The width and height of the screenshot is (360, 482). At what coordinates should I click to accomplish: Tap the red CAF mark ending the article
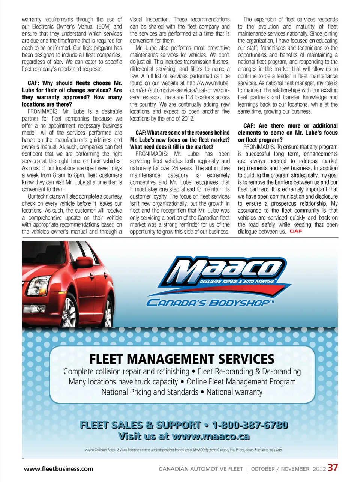296,231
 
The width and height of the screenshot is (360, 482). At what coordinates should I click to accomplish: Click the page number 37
333,468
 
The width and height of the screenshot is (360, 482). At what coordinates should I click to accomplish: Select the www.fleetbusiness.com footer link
58,468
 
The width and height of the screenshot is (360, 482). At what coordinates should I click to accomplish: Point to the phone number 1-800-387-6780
250,425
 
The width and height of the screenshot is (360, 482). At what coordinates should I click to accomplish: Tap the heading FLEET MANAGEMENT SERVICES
182,359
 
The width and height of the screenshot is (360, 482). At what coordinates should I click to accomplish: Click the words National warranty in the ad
234,392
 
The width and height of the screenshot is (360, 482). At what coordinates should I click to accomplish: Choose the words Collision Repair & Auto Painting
237,281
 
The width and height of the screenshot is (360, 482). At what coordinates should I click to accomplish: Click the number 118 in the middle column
189,97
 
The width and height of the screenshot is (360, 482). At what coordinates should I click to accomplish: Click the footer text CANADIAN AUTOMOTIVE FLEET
201,469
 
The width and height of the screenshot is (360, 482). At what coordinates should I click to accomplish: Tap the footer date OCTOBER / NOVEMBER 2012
288,469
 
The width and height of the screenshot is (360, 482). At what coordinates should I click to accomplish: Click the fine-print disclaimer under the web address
183,450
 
